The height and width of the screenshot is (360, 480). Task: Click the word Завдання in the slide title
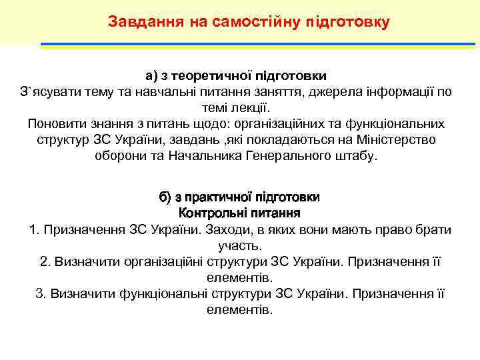coord(140,21)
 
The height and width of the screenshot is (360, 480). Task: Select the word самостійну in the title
coord(247,21)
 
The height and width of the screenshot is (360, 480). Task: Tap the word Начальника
coord(193,155)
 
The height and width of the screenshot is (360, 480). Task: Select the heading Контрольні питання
coord(239,213)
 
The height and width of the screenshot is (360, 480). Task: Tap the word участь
coord(239,246)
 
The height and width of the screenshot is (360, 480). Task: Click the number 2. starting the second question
coord(45,262)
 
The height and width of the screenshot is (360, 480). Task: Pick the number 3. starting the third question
coord(40,294)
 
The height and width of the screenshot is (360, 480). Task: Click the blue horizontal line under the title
coord(260,44)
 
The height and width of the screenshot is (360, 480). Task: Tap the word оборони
coord(118,155)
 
